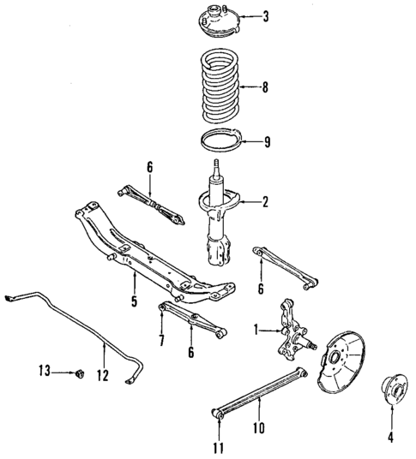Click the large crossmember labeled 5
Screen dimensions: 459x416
[x=154, y=261]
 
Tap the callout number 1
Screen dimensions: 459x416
[x=255, y=329]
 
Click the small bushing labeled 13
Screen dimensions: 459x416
[x=80, y=373]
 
